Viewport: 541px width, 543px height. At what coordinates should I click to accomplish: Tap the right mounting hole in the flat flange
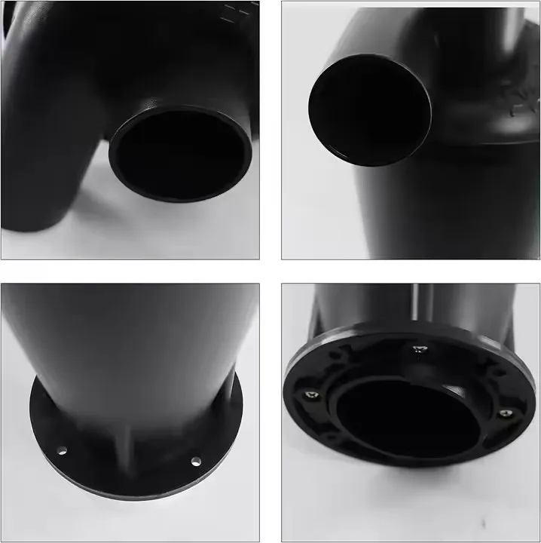[196, 461]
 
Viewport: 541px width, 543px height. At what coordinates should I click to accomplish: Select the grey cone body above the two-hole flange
[128, 339]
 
